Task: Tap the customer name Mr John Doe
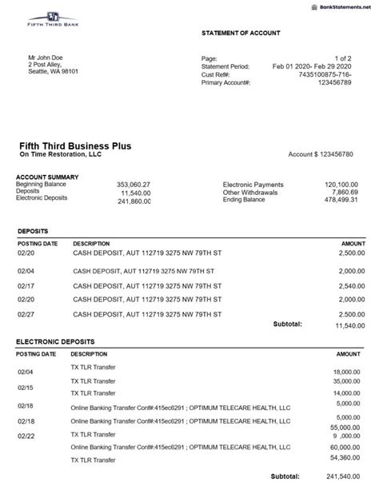tap(46, 58)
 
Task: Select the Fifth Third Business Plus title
tap(76, 145)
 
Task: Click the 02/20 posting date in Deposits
tap(26, 253)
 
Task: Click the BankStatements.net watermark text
tap(342, 5)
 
